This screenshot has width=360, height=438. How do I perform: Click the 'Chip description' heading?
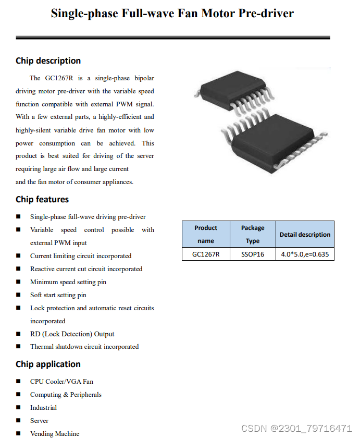tap(48, 60)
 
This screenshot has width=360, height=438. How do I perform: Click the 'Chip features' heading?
tap(42, 199)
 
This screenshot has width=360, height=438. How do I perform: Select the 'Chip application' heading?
tap(48, 364)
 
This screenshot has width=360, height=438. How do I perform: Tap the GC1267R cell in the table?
tap(206, 254)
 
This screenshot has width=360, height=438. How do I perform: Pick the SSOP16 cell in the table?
tap(253, 254)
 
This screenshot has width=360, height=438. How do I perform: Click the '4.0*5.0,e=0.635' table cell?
tap(305, 254)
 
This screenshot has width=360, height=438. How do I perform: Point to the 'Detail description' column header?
tap(305, 235)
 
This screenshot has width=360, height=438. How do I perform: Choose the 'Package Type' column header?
tap(253, 234)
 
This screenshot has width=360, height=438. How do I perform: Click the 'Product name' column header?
tap(206, 234)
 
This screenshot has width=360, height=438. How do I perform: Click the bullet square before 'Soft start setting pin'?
tap(18, 295)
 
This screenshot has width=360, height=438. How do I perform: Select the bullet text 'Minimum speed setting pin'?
tap(68, 282)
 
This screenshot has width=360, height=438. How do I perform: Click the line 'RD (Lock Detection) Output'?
tap(72, 334)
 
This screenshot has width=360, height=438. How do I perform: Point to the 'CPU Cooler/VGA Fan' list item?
tap(61, 381)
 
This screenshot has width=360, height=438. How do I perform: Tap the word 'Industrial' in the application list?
tap(43, 407)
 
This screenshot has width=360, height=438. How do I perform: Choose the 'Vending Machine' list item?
tap(55, 433)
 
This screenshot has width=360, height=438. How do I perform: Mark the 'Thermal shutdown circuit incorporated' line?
tap(84, 347)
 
